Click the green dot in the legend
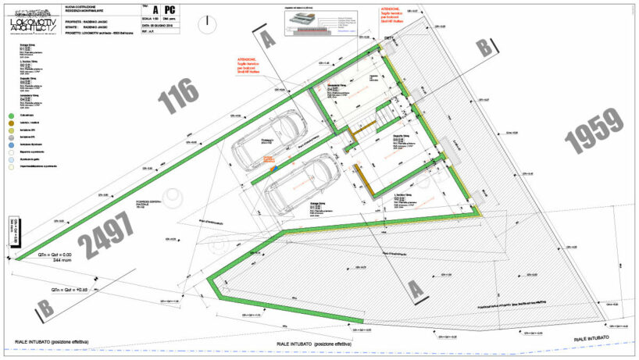(12, 116)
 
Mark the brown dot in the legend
(12, 126)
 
